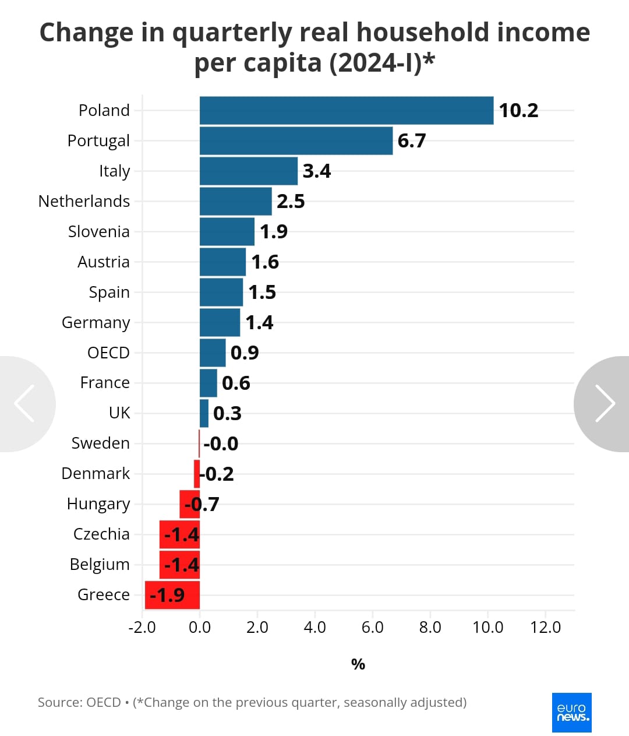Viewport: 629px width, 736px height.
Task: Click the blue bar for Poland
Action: tap(347, 111)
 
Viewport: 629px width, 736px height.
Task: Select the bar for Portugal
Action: tap(296, 141)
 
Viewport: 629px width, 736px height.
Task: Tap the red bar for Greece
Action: tap(172, 595)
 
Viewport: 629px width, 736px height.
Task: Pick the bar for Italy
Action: tap(249, 171)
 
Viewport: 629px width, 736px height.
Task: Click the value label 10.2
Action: tap(518, 111)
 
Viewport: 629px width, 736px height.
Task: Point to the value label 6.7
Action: tap(412, 141)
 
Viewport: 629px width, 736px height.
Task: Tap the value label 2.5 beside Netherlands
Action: tap(291, 202)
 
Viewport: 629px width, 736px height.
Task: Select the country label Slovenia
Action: tap(99, 232)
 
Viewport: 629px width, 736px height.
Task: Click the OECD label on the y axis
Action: tap(108, 353)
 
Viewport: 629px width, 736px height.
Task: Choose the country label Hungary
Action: tap(98, 504)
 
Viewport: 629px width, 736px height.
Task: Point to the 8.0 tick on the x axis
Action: tap(430, 628)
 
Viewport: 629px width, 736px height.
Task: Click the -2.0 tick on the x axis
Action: tap(142, 628)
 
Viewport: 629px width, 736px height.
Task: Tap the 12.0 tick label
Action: tap(545, 628)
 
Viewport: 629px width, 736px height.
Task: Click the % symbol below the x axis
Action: tap(358, 664)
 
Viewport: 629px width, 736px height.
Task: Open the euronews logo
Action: tap(572, 713)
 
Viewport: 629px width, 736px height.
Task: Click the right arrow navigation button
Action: tap(604, 403)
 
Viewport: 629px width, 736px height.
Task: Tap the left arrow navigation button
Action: tap(24, 403)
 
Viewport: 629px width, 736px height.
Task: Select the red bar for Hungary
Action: tap(189, 504)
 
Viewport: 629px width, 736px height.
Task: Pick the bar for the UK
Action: tap(204, 413)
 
